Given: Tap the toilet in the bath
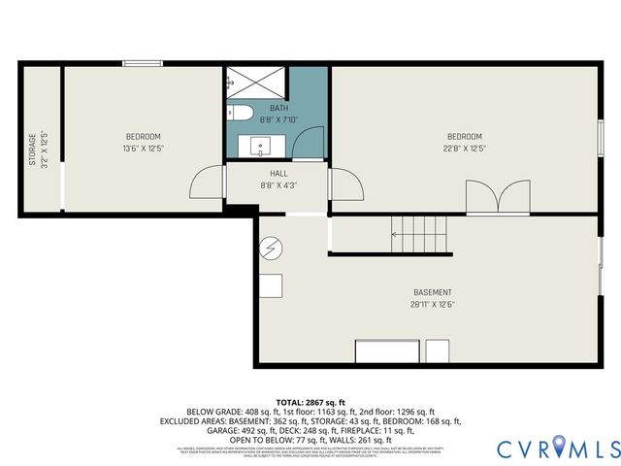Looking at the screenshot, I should [241, 115].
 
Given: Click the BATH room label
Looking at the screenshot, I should [278, 108].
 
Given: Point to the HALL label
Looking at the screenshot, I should [278, 173].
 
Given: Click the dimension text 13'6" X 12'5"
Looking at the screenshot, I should [143, 148].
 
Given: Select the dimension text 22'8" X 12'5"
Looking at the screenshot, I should [464, 148].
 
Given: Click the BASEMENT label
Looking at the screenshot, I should [432, 292].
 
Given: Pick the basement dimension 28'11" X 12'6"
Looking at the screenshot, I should [432, 304].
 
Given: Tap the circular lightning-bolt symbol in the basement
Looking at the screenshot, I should [271, 250].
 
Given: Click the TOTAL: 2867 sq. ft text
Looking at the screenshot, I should [310, 401].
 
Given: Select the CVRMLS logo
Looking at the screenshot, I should [557, 449].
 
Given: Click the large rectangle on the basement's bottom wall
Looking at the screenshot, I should [387, 350].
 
